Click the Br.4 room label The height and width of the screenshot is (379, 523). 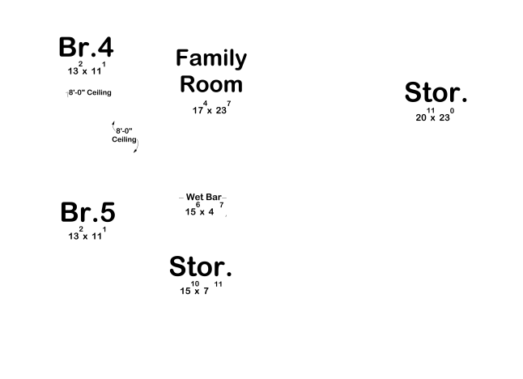click(86, 47)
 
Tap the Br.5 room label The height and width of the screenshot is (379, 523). click(87, 212)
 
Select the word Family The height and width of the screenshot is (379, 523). click(211, 59)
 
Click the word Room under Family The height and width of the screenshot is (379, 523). click(211, 84)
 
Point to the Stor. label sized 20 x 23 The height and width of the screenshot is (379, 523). click(436, 92)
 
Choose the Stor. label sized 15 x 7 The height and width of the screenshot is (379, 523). click(201, 266)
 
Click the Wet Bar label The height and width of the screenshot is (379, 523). click(203, 197)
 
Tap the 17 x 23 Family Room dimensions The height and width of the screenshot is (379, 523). click(211, 108)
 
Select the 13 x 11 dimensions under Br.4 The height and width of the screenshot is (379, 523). click(87, 68)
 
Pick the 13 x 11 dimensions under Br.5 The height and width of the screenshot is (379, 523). click(87, 233)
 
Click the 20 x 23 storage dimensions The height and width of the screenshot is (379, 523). click(435, 115)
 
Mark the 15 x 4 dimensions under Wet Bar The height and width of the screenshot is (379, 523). click(205, 209)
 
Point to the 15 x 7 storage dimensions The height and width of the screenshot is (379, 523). click(201, 288)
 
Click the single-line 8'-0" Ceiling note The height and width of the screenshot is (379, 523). click(90, 92)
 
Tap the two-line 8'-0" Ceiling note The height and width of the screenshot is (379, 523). click(124, 135)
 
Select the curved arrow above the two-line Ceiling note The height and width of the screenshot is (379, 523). click(113, 126)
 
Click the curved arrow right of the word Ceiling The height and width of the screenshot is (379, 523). click(137, 146)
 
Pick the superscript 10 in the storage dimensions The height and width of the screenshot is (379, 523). click(195, 283)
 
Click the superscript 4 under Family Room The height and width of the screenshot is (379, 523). click(205, 103)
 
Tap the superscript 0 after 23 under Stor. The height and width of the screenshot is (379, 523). click(452, 110)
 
